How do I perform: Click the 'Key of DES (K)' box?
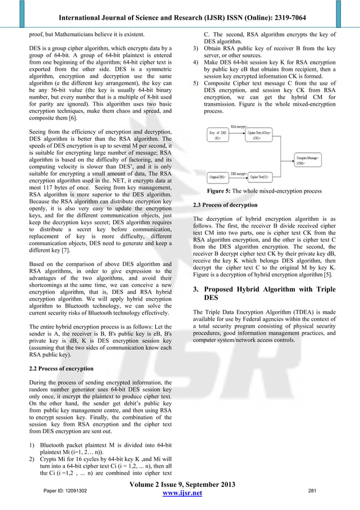coord(218,136)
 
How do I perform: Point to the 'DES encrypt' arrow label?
coord(238,173)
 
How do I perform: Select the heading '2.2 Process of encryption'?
coord(61,368)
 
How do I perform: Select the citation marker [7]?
coord(66,246)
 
